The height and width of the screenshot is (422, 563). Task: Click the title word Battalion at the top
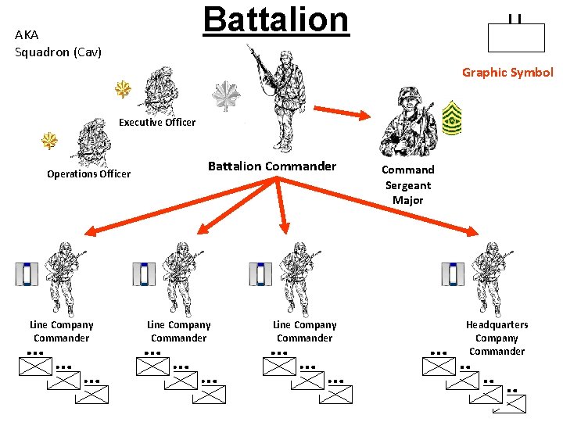pyautogui.click(x=275, y=20)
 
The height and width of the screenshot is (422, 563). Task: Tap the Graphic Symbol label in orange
pyautogui.click(x=507, y=73)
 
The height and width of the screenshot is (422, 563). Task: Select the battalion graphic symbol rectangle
pyautogui.click(x=515, y=38)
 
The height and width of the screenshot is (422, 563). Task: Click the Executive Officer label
pyautogui.click(x=157, y=122)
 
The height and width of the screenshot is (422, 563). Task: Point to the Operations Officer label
pyautogui.click(x=88, y=173)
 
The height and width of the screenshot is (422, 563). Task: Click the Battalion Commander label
pyautogui.click(x=271, y=166)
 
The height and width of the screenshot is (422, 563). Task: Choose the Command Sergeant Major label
pyautogui.click(x=407, y=185)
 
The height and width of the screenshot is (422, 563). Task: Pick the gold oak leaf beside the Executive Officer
pyautogui.click(x=123, y=90)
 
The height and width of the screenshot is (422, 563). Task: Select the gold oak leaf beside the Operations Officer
pyautogui.click(x=50, y=141)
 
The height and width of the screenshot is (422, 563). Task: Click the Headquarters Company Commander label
pyautogui.click(x=497, y=338)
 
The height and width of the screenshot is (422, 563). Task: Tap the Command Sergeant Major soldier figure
pyautogui.click(x=407, y=123)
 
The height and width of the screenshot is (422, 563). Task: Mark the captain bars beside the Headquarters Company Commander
pyautogui.click(x=452, y=274)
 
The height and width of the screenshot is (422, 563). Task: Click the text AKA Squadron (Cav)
pyautogui.click(x=58, y=44)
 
